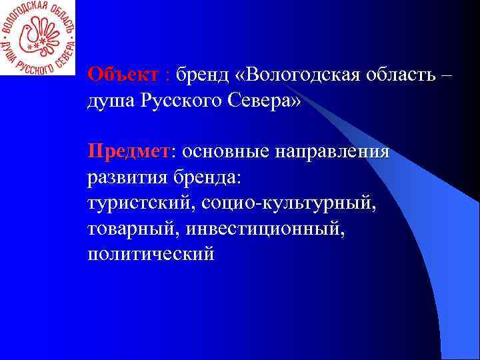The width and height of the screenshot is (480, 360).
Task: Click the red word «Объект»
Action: pos(123,73)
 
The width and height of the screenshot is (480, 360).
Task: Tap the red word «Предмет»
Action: pos(129,152)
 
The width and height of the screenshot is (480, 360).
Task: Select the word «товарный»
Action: pos(131,230)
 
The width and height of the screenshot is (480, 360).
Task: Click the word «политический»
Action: pos(151,254)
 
